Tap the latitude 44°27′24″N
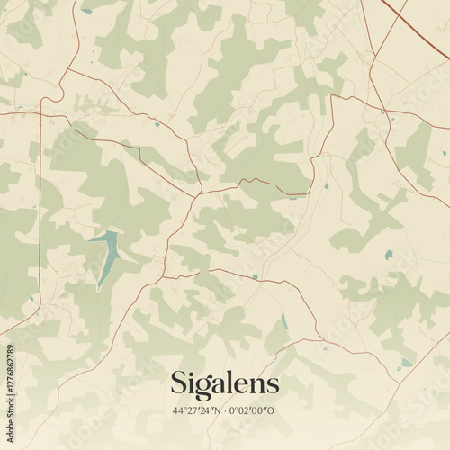coord(201,410)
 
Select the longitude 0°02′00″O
coord(255,410)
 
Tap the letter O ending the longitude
coord(274,410)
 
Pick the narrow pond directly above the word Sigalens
coord(284,321)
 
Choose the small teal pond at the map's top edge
coord(86,11)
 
